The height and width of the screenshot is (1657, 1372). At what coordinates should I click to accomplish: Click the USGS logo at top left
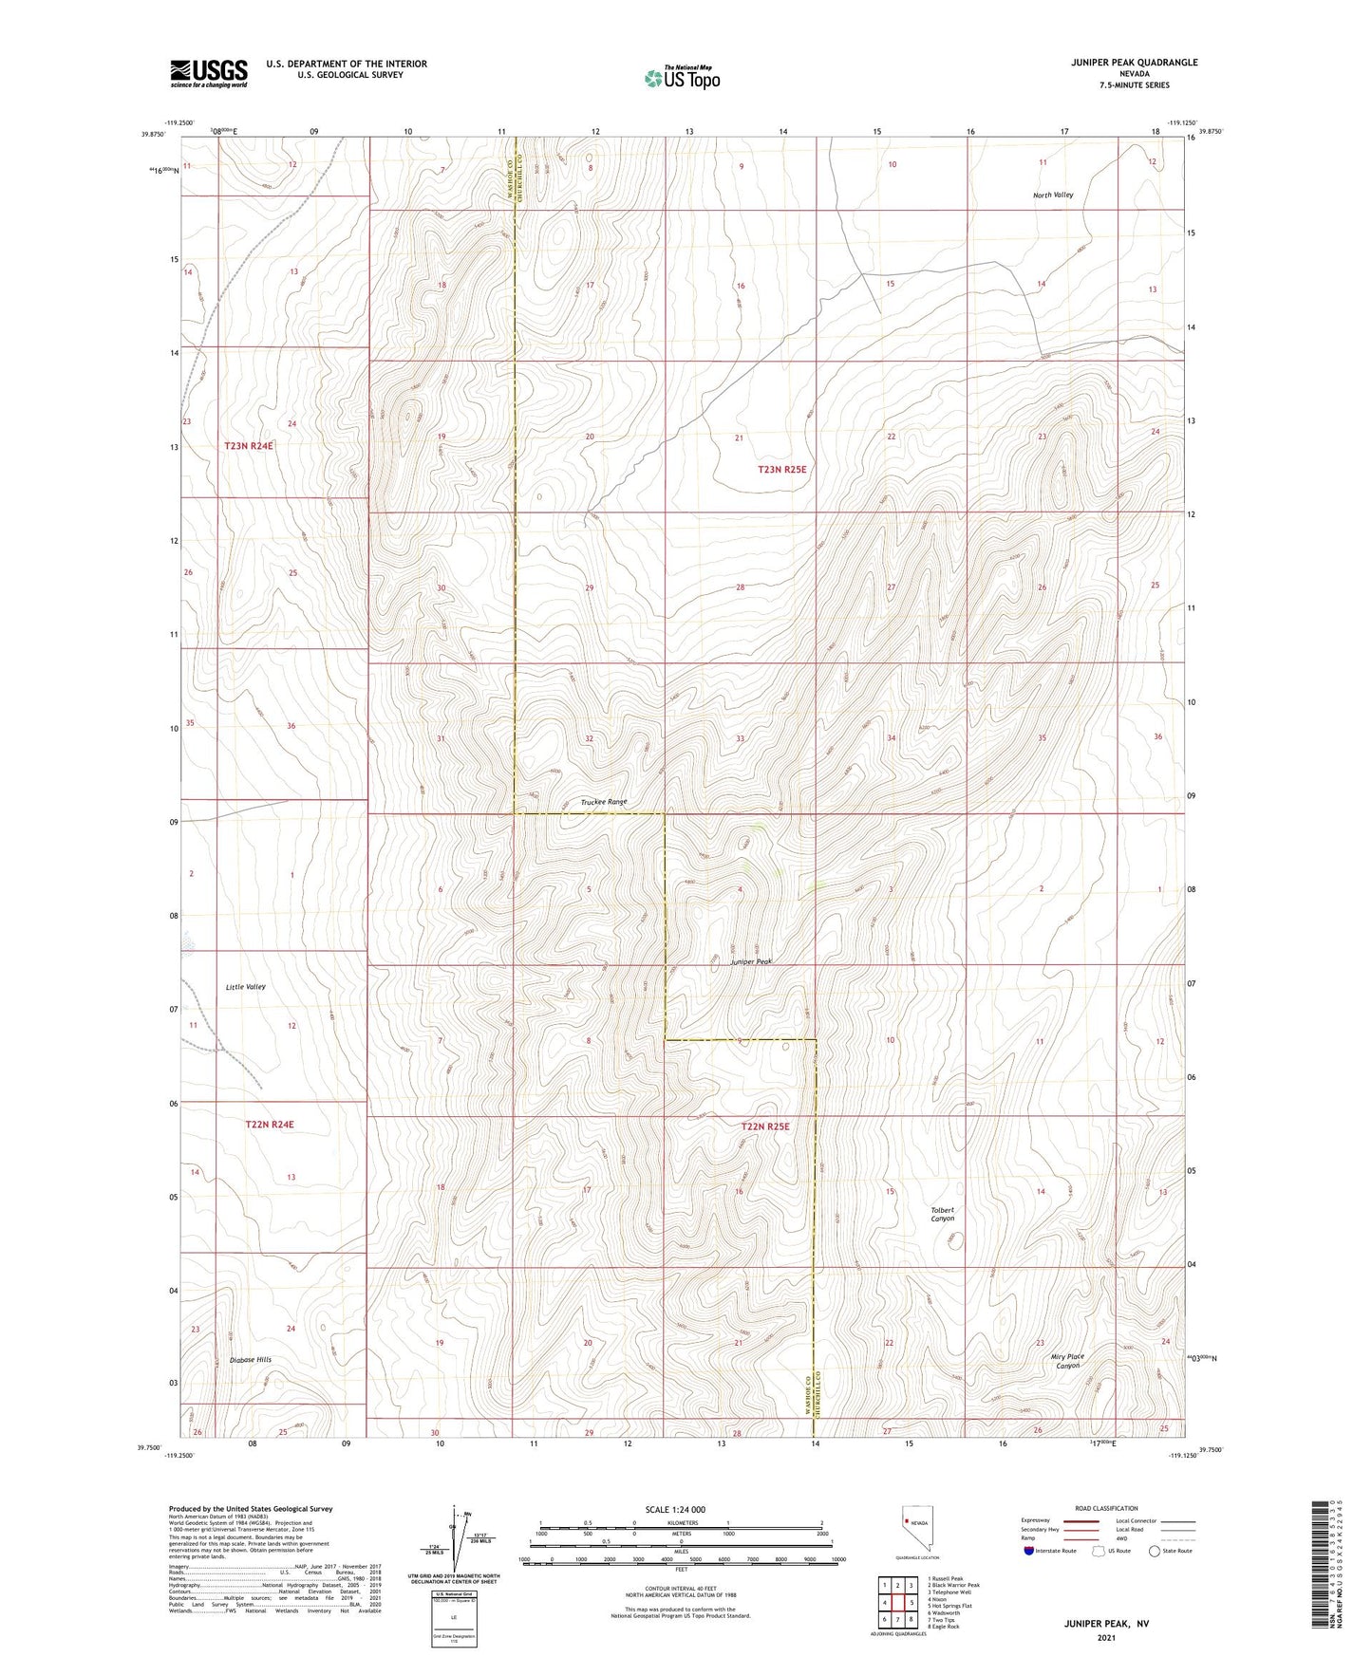coord(209,73)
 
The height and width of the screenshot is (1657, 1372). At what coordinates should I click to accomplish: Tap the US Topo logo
coord(681,78)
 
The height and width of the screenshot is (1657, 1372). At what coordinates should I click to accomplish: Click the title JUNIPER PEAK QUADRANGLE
coord(1129,63)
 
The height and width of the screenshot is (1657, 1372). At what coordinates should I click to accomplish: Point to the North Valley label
coord(1053,195)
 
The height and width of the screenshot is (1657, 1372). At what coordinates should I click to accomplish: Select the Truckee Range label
coord(604,802)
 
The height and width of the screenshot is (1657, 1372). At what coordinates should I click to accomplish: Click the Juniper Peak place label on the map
coord(751,961)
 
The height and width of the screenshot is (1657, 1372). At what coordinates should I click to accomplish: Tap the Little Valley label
coord(246,987)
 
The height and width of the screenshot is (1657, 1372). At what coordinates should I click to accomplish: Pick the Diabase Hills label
coord(251,1360)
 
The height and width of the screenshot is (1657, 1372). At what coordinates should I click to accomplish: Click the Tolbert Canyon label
coord(943,1214)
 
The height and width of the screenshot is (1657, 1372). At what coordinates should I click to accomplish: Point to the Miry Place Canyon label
coord(1067,1361)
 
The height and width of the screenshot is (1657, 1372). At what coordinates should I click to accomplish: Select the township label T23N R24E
coord(249,445)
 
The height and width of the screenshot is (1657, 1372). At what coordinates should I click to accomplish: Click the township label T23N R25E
coord(781,469)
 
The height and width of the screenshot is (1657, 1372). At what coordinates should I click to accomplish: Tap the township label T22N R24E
coord(270,1125)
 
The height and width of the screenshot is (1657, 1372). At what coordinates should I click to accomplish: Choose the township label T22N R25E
coord(765,1126)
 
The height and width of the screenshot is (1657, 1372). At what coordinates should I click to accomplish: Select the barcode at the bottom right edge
coord(1319,1576)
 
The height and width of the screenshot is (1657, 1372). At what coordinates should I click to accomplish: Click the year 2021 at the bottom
coord(1106,1638)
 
